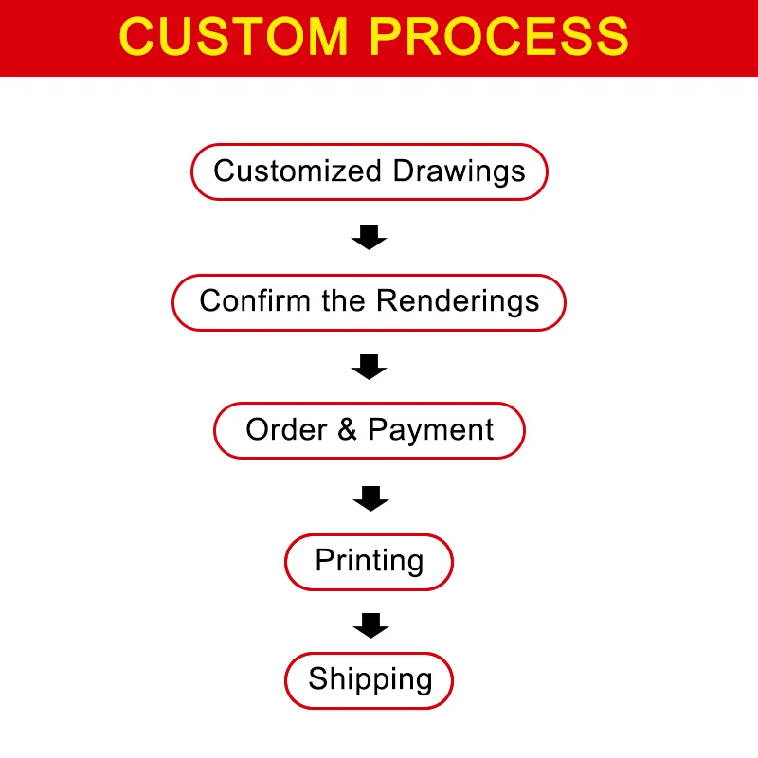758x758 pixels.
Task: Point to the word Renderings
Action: coord(458,302)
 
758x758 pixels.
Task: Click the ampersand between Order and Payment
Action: coord(348,430)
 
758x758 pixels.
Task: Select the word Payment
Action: coord(431,431)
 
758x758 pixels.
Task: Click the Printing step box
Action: coord(369,561)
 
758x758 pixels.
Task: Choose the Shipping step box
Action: coord(370,679)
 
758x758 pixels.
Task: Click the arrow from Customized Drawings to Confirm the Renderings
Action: coord(369,237)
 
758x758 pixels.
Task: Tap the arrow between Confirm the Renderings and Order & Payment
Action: coord(369,366)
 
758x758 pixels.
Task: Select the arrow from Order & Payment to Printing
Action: coord(370,496)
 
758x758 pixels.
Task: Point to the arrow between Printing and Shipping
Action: coord(370,624)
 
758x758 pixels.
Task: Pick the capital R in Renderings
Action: coord(387,301)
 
